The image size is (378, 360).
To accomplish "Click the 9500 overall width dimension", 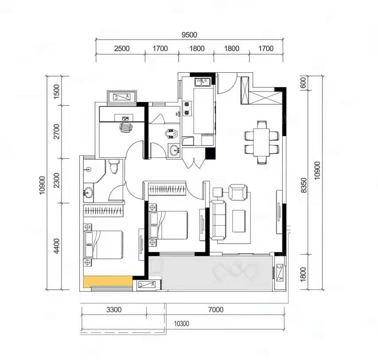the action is coord(189,35).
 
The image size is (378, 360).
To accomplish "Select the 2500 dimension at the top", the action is coord(122,48).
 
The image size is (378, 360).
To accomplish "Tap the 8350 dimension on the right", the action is coord(304,185).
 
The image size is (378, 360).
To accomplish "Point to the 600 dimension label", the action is coord(303,83).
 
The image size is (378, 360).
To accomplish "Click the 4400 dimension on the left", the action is coord(56,246).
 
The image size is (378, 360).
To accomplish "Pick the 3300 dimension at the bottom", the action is coord(114,309).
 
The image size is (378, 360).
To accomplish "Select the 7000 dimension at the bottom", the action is coord(216,309).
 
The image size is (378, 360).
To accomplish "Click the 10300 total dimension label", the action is coord(182,324).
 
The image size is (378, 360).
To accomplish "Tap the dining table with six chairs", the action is coord(261,142).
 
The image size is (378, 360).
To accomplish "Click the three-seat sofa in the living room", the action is coord(218,220).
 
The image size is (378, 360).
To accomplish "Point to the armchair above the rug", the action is coord(238,192).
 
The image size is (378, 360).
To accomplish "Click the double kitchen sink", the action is coord(202,82).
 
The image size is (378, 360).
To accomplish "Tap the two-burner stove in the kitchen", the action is coord(187,108).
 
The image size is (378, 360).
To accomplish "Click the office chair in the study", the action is coord(126,127).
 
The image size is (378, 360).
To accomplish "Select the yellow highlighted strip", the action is coord(108,282).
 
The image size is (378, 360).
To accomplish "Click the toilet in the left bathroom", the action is coord(114,166).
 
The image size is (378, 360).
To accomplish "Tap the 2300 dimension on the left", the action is coord(56,180).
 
